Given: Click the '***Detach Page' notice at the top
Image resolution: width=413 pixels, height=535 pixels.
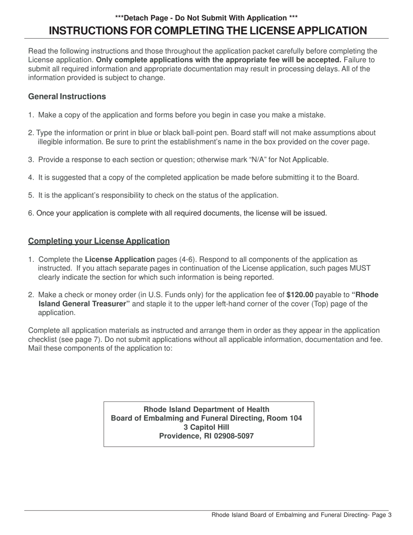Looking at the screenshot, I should click(206, 18).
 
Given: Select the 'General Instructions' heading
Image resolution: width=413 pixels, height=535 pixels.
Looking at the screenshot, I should click(67, 97).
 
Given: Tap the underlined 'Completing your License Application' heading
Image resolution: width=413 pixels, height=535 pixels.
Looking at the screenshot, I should click(99, 241).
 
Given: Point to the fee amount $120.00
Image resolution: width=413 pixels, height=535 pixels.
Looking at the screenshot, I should click(300, 294).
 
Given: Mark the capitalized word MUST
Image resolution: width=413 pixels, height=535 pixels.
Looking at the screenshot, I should click(360, 268).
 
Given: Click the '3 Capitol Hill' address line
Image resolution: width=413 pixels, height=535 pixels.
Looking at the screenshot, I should click(206, 427).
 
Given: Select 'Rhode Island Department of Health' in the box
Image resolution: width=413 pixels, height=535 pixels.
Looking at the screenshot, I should click(206, 409).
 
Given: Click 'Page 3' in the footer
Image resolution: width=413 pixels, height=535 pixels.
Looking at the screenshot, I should click(382, 515).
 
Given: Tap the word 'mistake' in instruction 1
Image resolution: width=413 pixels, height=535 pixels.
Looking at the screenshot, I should click(312, 115).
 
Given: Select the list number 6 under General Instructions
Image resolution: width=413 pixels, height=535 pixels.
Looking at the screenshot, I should click(30, 213).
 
